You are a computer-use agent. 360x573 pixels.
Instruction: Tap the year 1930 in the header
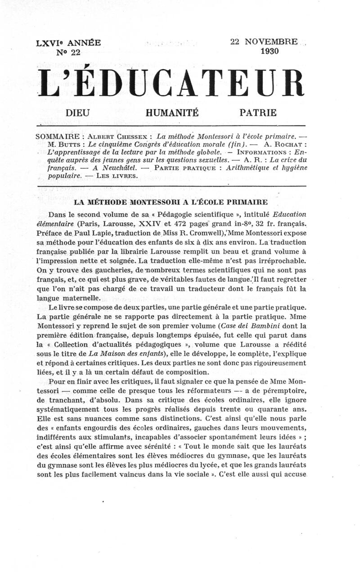click(270, 51)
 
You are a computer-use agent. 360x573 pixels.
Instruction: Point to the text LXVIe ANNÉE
click(68, 43)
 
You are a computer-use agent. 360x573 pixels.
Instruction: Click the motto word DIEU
click(77, 112)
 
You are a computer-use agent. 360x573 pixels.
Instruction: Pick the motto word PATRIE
click(258, 112)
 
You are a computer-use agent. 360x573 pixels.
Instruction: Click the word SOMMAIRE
click(58, 136)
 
